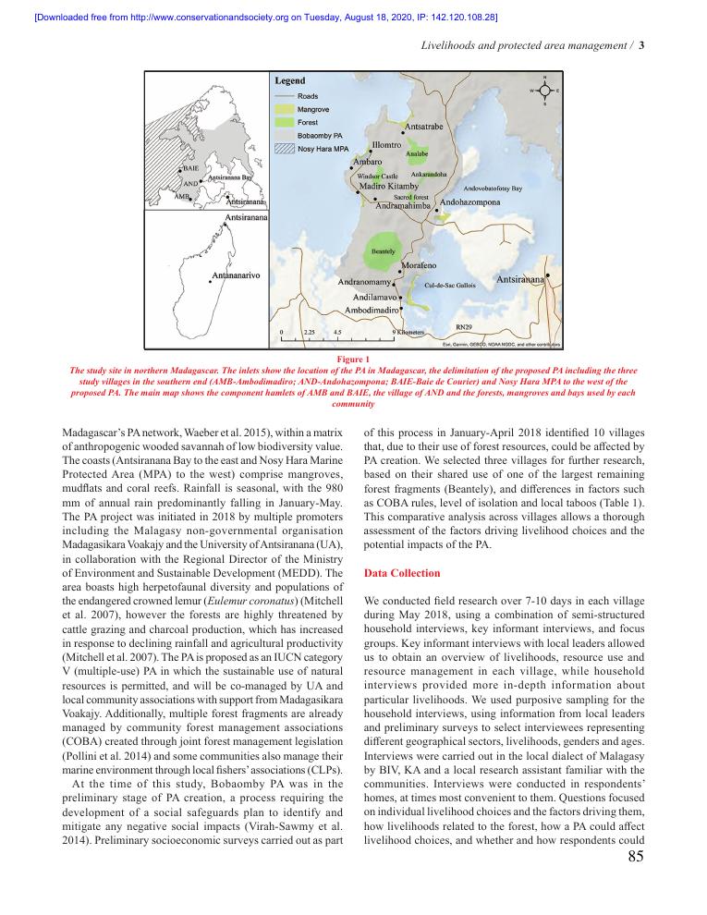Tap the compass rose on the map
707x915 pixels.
(545, 91)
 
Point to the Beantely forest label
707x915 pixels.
(383, 251)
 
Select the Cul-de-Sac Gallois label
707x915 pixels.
(450, 286)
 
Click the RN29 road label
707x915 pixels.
(465, 326)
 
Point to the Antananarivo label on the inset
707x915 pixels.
(237, 275)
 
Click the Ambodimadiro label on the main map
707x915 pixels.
(372, 311)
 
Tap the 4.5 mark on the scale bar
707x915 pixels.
(338, 331)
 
